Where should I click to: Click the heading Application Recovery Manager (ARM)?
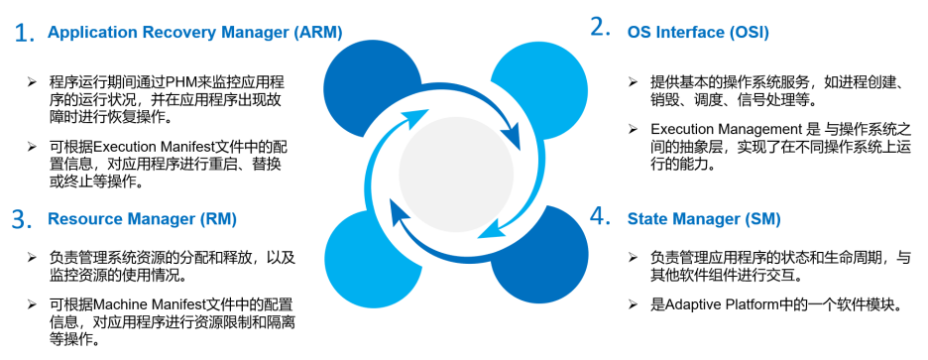coord(194,33)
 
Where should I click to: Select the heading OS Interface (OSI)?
coord(698,33)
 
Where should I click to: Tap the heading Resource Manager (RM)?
coord(142,219)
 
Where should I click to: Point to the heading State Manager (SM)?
coord(704,219)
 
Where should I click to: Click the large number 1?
coord(24,34)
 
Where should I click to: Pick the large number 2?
coord(600,29)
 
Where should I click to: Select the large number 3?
coord(22,220)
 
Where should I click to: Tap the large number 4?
coord(600,216)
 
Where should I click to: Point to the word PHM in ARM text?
coord(179,81)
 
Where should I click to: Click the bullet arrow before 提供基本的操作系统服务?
coord(633,82)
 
